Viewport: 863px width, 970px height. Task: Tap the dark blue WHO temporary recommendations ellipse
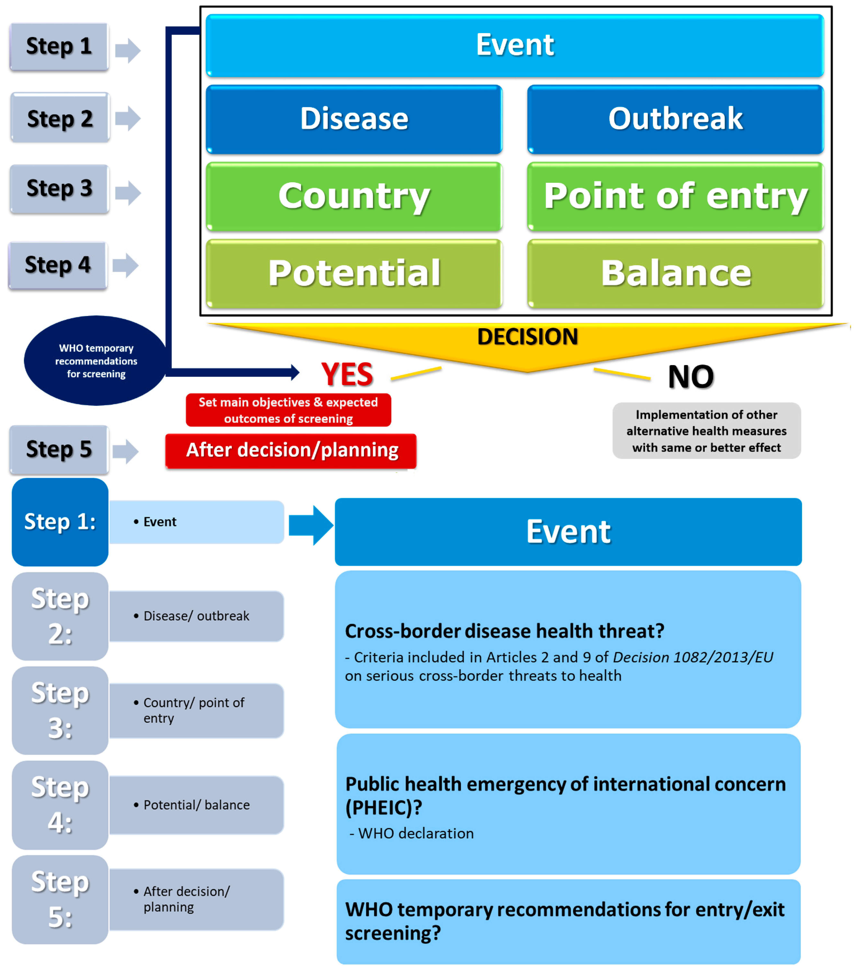click(96, 361)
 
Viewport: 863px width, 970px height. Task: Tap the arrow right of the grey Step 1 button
click(127, 50)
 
